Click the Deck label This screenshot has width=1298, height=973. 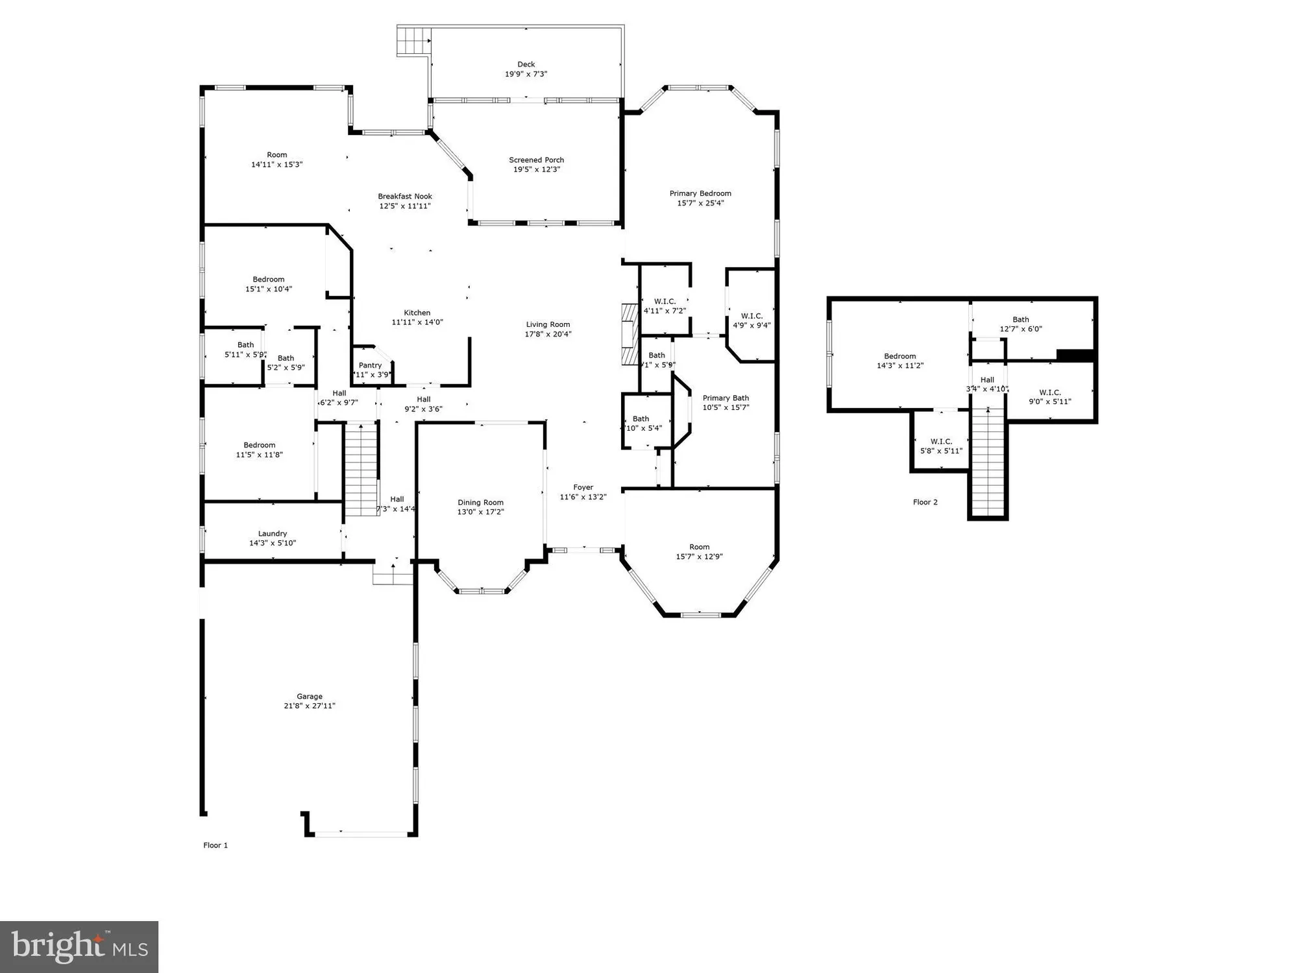526,64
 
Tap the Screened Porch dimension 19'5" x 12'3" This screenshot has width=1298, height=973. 536,170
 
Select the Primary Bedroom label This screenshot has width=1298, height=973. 700,193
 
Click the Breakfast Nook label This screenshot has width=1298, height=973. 405,197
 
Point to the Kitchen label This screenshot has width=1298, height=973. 417,313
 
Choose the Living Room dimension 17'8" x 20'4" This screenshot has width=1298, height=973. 548,335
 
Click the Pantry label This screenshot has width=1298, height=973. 370,365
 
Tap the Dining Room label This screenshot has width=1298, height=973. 480,502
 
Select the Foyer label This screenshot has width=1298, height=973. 583,487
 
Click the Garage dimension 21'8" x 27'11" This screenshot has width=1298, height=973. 309,706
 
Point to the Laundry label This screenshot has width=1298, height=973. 272,533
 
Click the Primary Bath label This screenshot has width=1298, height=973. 726,398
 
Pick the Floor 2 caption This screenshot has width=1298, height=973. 925,502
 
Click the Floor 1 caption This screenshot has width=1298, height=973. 215,845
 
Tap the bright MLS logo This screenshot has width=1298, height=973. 79,946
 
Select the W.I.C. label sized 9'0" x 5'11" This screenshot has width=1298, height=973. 1049,392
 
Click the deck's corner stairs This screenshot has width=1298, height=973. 413,41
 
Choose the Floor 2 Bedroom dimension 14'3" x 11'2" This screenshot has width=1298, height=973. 900,366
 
